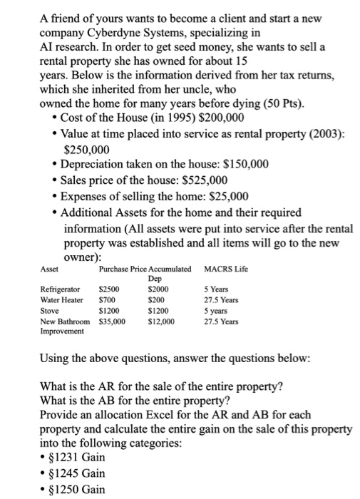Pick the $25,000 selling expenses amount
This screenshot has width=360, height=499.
pos(223,196)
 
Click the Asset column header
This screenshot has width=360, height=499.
pos(50,269)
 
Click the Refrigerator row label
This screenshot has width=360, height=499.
pos(59,290)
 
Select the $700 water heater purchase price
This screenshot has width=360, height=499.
pos(106,300)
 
